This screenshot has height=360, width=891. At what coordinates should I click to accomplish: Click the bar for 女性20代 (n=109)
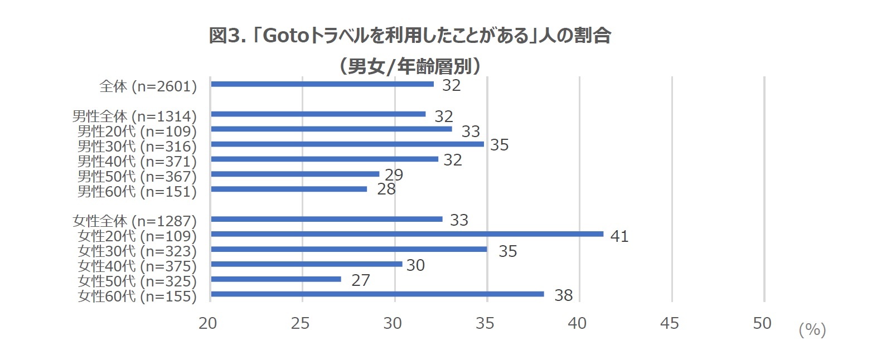point(407,234)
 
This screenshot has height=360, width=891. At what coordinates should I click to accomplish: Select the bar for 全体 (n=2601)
point(322,84)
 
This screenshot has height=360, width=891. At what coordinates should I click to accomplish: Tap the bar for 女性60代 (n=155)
point(377,294)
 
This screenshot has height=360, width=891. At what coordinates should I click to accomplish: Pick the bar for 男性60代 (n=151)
point(289,189)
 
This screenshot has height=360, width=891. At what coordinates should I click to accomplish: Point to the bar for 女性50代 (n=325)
point(276,279)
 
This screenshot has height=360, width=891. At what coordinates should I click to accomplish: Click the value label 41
point(619,236)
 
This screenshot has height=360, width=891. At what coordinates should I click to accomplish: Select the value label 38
point(563,295)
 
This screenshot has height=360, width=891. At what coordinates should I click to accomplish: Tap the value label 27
point(360,280)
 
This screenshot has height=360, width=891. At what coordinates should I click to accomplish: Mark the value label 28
point(386,189)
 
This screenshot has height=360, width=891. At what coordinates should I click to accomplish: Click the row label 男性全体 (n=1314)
point(134,116)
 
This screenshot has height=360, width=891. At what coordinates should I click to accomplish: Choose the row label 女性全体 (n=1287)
point(134,221)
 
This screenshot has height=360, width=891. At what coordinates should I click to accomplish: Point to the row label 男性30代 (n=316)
point(137,147)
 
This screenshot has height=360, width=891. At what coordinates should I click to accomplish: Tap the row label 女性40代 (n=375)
point(137,266)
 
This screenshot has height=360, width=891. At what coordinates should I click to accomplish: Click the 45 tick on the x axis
point(669,323)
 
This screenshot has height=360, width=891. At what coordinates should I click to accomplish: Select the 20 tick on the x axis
point(207,323)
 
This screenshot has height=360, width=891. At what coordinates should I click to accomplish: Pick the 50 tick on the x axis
point(762,323)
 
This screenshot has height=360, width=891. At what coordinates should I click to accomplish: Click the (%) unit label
point(812,330)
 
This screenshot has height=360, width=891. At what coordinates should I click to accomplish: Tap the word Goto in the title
point(285,36)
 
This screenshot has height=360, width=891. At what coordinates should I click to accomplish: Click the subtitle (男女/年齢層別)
point(410,66)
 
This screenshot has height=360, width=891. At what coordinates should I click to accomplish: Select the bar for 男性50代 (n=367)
point(295,174)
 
